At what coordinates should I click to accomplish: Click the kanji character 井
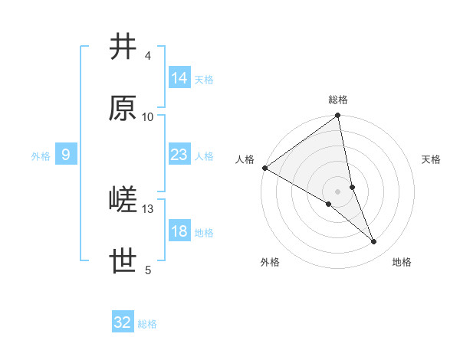[123, 48]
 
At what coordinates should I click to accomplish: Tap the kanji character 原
[123, 109]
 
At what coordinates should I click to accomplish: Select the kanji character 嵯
[123, 201]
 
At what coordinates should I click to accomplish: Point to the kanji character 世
[123, 262]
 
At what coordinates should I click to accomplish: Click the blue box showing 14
[179, 78]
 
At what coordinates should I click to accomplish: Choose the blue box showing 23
[179, 155]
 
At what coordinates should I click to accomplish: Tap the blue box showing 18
[179, 231]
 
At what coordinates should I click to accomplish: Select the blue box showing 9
[66, 155]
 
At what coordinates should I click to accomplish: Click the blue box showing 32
[123, 322]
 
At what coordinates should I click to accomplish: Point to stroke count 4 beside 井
[148, 56]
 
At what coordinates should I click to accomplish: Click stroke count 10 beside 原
[148, 117]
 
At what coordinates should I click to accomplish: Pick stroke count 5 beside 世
[148, 270]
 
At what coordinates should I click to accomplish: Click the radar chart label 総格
[338, 100]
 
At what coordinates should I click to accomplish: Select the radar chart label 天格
[431, 159]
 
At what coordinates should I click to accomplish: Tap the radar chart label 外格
[270, 262]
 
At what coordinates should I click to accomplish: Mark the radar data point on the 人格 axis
[264, 168]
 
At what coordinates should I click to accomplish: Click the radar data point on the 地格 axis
[374, 242]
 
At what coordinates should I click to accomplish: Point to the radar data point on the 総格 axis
[338, 116]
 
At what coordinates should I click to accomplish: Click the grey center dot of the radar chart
[338, 191]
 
